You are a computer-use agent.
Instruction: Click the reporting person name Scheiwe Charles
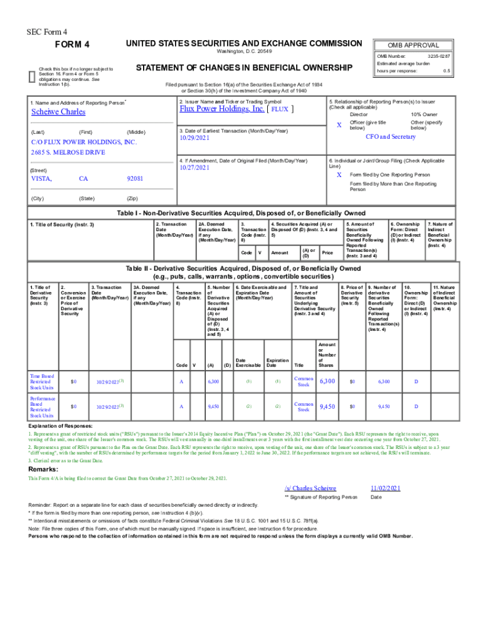point(58,112)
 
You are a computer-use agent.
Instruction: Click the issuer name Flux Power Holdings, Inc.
point(221,108)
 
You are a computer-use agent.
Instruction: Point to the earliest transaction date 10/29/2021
point(196,138)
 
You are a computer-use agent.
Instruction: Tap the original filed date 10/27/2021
point(196,168)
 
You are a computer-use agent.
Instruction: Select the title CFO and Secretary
point(390,137)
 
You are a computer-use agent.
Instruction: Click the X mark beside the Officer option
point(339,126)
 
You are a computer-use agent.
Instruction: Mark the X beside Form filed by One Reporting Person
point(339,174)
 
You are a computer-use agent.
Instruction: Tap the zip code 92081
point(135,179)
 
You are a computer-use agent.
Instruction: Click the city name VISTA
point(42,179)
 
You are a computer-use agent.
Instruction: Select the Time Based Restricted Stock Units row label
point(43,382)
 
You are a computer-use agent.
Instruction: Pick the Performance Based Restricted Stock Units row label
point(43,407)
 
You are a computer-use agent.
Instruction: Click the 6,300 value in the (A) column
point(213,382)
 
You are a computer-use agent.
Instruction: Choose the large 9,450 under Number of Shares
point(328,407)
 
